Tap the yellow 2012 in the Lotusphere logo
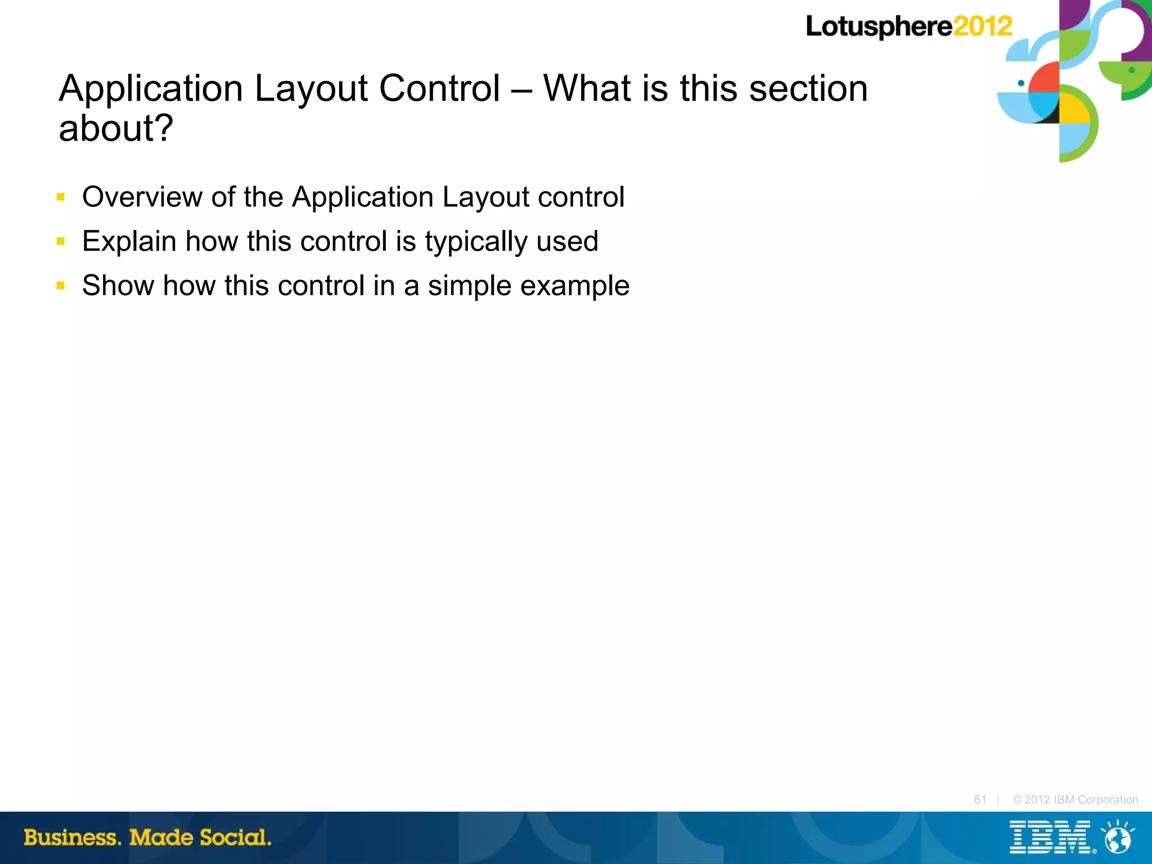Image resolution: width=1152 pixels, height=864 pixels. tap(983, 26)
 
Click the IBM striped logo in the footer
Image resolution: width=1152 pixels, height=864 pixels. tap(1050, 837)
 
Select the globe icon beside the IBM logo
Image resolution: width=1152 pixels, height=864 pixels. tap(1118, 838)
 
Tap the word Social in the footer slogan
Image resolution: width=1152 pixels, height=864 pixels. tap(235, 838)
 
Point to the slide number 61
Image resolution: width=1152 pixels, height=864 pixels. tap(980, 799)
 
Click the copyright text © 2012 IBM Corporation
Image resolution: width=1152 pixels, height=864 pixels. tap(1075, 799)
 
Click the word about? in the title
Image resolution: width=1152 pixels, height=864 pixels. tap(116, 128)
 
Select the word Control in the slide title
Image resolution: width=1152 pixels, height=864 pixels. tap(439, 88)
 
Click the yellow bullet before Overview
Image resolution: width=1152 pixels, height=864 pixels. tap(61, 197)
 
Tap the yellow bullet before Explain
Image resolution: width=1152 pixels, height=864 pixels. tap(61, 241)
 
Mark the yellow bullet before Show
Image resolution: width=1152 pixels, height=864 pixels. tap(61, 286)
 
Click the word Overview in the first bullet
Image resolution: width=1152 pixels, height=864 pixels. tap(142, 197)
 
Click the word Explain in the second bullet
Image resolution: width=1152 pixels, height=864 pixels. tap(129, 241)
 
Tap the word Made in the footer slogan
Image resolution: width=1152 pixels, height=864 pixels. tap(161, 838)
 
